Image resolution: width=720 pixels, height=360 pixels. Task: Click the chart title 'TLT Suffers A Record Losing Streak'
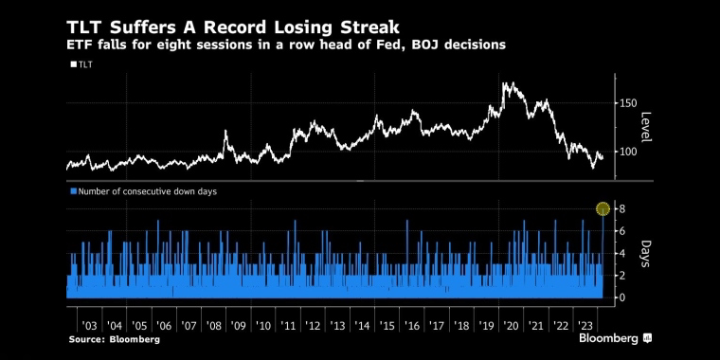click(x=233, y=27)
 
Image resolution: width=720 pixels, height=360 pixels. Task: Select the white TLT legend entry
click(x=81, y=64)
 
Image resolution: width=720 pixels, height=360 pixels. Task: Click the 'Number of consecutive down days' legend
click(x=143, y=191)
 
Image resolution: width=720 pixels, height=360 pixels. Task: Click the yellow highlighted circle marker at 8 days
click(x=603, y=209)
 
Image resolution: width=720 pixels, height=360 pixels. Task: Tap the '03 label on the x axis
click(x=89, y=326)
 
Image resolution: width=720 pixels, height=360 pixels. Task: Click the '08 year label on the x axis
click(x=213, y=326)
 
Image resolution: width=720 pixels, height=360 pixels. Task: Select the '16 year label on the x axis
click(x=412, y=326)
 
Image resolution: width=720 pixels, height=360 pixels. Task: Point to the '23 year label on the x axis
click(x=585, y=326)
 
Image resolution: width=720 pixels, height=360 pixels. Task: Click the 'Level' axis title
click(x=646, y=127)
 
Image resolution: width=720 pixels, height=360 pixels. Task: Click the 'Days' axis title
click(x=646, y=254)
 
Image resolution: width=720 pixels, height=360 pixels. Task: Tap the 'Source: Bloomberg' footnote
click(x=115, y=340)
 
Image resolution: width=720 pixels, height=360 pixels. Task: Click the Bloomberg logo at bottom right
click(x=615, y=339)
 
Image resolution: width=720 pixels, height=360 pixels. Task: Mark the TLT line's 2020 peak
click(x=505, y=83)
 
